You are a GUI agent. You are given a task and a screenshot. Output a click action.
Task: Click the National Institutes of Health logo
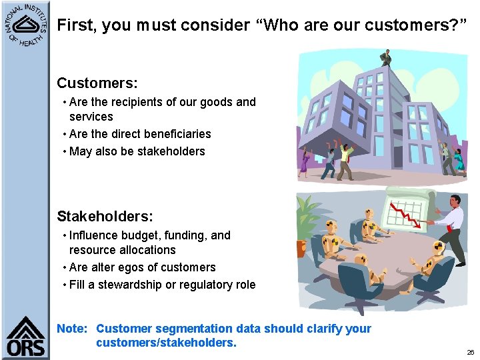click(25, 26)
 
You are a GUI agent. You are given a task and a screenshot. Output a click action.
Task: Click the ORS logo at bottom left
click(25, 337)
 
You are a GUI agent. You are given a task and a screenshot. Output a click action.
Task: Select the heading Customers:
click(97, 83)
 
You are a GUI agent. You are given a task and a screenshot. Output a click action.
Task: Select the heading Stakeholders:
click(105, 217)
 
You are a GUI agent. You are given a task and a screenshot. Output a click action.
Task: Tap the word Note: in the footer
click(72, 329)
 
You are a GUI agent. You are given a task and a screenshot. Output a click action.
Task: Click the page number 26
click(470, 352)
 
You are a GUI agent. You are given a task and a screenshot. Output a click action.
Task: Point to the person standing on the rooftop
click(386, 57)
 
